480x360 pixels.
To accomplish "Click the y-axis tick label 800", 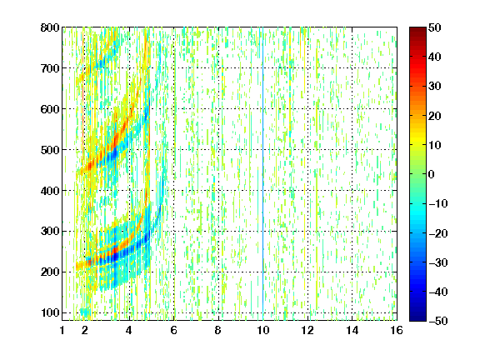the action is [50, 27].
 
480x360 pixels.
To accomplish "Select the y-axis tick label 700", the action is [50, 68].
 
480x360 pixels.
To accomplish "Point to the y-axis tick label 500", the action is [50, 150].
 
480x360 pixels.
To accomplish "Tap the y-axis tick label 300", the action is [50, 232].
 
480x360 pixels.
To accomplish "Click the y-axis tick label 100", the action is [50, 312].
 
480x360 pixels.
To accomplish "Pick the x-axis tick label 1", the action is [62, 330].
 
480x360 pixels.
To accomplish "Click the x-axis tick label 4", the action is [129, 330].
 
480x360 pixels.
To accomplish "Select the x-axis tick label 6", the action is [174, 330].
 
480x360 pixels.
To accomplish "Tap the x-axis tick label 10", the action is [263, 330].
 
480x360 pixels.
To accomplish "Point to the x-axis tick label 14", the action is [352, 330].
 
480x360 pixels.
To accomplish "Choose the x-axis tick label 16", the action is [397, 330].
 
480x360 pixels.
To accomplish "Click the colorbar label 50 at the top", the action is [434, 27].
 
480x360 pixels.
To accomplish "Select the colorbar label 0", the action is [432, 174].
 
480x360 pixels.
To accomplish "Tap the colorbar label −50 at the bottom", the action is [438, 321].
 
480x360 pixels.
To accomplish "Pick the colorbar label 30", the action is [434, 87].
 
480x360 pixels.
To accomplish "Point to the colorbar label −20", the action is [438, 233].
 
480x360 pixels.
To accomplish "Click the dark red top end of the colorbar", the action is [417, 29].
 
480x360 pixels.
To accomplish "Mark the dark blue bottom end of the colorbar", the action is [417, 318].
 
